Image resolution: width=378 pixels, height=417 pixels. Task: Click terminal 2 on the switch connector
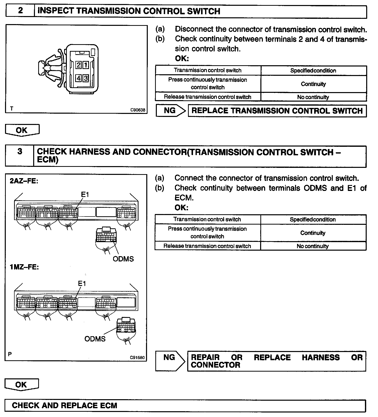[x=78, y=65]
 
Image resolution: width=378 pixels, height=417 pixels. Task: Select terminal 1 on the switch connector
[x=85, y=65]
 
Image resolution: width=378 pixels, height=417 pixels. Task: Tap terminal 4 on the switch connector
[x=78, y=78]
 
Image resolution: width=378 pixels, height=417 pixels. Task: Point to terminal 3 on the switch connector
[x=85, y=78]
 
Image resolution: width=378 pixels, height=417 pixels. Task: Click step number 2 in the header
[x=20, y=11]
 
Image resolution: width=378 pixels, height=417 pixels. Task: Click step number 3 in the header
[x=20, y=152]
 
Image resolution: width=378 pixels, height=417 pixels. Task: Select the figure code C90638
[x=138, y=110]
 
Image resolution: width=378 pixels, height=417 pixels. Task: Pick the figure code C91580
[x=137, y=357]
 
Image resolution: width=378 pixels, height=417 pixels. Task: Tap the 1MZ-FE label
[x=24, y=267]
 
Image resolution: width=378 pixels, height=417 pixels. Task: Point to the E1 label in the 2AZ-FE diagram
[x=85, y=194]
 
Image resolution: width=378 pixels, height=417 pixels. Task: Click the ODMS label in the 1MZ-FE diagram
[x=95, y=339]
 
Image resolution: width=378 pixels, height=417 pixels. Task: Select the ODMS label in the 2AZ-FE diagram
[x=123, y=259]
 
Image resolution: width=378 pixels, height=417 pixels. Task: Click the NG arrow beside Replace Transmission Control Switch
[x=170, y=110]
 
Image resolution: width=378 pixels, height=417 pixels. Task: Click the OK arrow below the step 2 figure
[x=22, y=130]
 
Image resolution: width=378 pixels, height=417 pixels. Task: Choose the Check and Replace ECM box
[x=185, y=405]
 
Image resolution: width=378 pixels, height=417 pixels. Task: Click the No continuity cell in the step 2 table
[x=313, y=97]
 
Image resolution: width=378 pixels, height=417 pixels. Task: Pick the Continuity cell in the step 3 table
[x=313, y=233]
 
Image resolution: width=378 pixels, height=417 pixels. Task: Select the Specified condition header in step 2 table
[x=313, y=71]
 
